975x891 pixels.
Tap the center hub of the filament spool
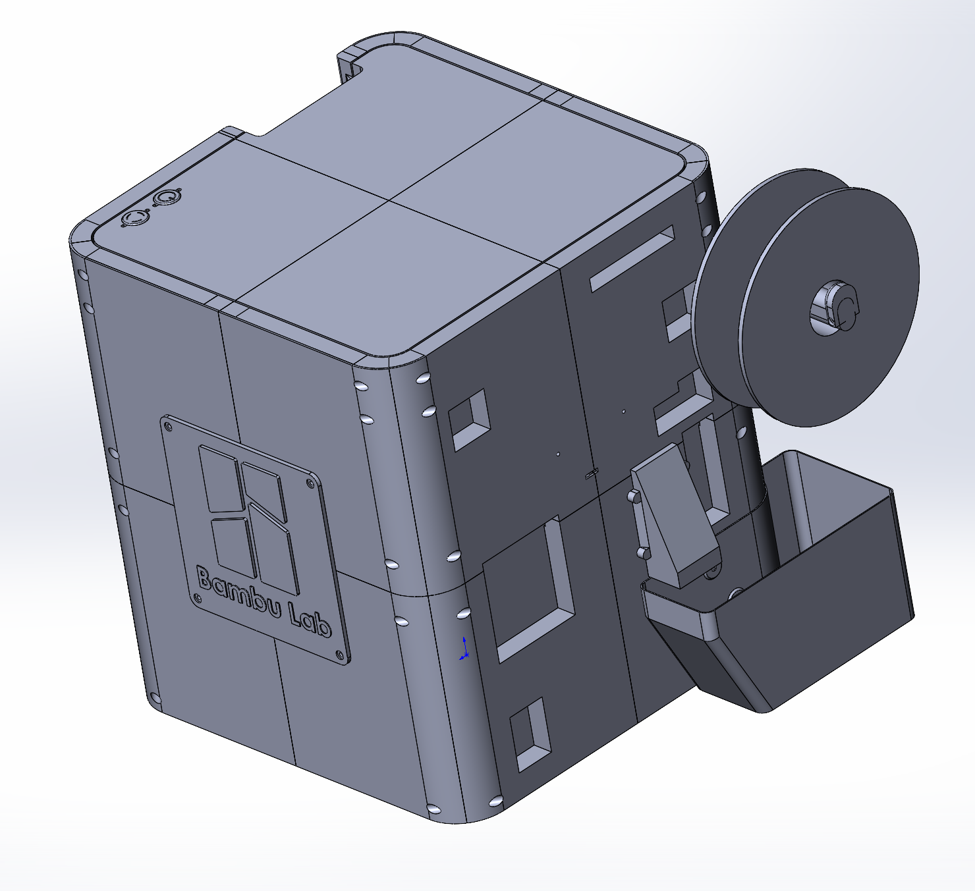pos(834,308)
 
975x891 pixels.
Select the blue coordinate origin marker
pos(464,649)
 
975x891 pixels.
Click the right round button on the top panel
pos(166,197)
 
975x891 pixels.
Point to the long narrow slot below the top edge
pos(632,258)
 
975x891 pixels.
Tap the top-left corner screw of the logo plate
pos(169,425)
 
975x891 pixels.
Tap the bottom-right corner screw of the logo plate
pos(339,654)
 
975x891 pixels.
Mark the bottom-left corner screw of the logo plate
pos(197,598)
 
